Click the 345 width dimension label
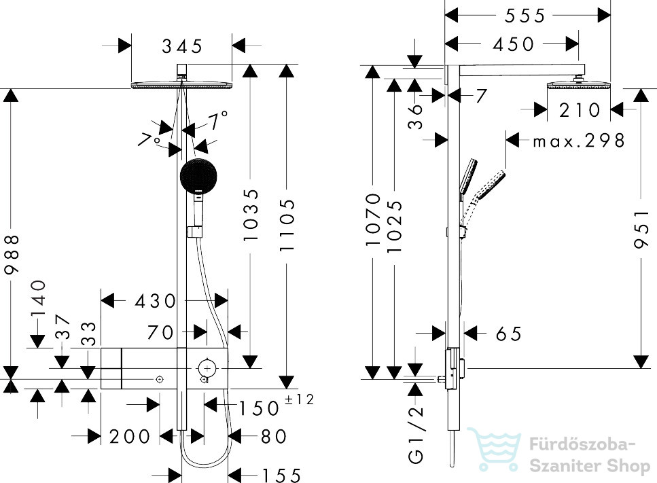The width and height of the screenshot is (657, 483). point(182,46)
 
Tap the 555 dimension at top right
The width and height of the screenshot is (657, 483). point(525,16)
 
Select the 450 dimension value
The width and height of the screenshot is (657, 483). point(514,44)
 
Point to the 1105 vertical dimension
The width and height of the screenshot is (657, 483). point(287,225)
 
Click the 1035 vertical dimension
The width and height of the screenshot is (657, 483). point(251,215)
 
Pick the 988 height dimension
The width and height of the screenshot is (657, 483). point(12,254)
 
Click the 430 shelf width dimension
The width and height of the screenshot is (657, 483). point(156,301)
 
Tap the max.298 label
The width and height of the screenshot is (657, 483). point(579,141)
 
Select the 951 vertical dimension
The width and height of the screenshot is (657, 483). point(641,229)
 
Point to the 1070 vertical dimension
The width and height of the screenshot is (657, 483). point(372,219)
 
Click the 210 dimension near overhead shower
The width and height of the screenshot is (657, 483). point(580,111)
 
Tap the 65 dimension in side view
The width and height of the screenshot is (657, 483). point(509,334)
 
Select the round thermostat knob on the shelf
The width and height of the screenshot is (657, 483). point(207,368)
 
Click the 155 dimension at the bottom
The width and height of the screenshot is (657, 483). point(281,476)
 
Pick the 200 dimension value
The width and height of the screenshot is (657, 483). point(130,437)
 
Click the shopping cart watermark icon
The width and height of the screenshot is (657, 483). point(494,448)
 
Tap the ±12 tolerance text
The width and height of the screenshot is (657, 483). point(299,399)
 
